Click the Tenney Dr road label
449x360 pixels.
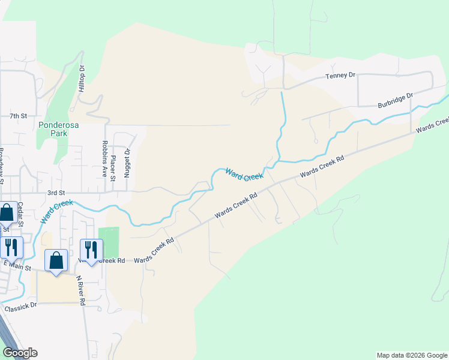[x=340, y=76]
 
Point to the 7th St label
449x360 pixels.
[x=19, y=115]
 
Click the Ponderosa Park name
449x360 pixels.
[x=56, y=130]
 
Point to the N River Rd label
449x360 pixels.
[x=80, y=291]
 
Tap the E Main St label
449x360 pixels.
[x=16, y=264]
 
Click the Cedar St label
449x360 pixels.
[x=20, y=213]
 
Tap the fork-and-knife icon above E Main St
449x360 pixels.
[x=11, y=246]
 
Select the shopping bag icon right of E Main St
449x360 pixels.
[x=56, y=260]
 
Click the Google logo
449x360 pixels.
[x=19, y=353]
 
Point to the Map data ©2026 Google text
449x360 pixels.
[x=411, y=355]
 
